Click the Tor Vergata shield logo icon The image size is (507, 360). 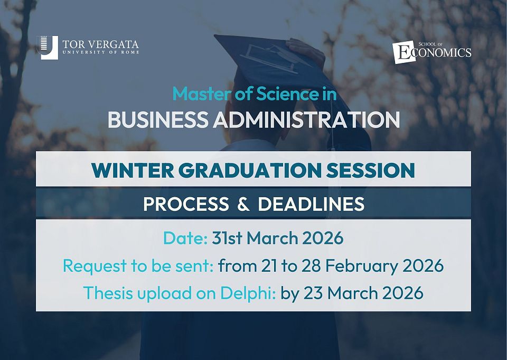coord(48,47)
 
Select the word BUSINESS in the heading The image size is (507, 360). coord(158,119)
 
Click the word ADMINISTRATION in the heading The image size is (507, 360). coord(306,119)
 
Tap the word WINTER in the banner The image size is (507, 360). coord(133,170)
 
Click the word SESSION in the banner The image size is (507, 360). coord(371,170)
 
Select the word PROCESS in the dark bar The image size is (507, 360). coord(186,204)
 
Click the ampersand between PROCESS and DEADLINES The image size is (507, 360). coord(243,204)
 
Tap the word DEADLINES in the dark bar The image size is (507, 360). coord(311,204)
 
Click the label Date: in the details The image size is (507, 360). coord(185,238)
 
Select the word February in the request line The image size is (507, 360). coord(361,266)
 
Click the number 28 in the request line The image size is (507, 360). coord(311,265)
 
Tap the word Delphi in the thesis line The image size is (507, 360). coord(248,293)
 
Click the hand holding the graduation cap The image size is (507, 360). coord(306,51)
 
